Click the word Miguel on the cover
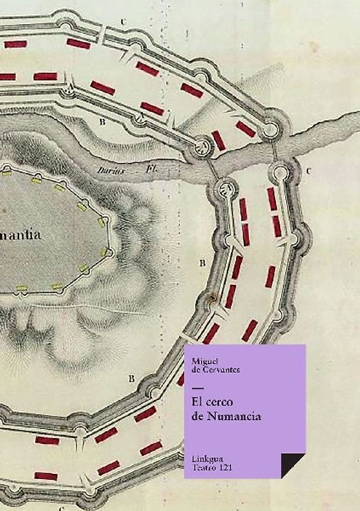coord(203,363)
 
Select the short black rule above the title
coord(197,389)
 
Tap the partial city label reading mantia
coord(21,235)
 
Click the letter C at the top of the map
coord(123,22)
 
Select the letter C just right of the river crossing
coord(308,171)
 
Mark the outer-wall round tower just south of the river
coord(281,171)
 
